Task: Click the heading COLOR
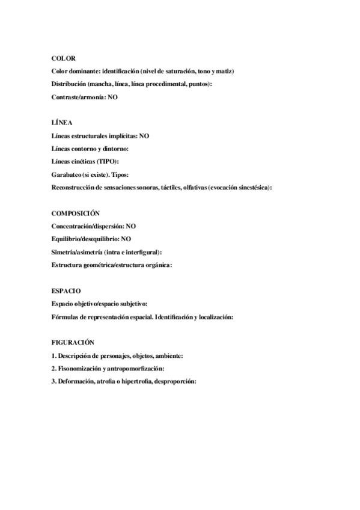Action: [x=63, y=58]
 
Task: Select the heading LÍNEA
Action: [x=62, y=123]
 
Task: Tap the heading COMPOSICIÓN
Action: [x=75, y=213]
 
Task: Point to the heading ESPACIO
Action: [x=66, y=290]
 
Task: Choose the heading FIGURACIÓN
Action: [x=73, y=342]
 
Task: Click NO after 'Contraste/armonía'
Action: [x=112, y=97]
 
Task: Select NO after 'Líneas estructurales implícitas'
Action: [x=144, y=136]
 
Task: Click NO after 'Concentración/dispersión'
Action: [x=131, y=226]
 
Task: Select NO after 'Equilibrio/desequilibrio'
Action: [x=126, y=239]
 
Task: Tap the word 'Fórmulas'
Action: [x=64, y=316]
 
